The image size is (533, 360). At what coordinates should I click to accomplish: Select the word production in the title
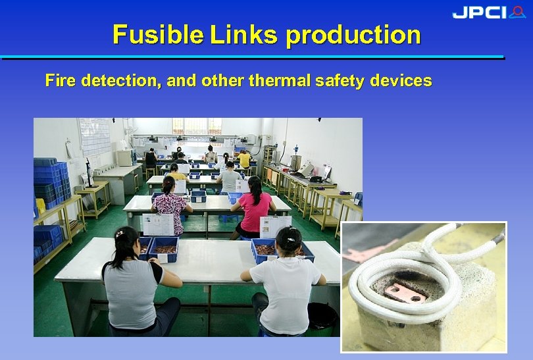click(x=353, y=34)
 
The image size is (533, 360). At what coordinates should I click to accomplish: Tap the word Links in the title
click(x=245, y=34)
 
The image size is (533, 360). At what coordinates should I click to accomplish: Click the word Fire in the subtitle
click(x=59, y=81)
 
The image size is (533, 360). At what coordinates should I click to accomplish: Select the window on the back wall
click(x=196, y=126)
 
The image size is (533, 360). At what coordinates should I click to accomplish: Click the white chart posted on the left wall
click(x=94, y=136)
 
